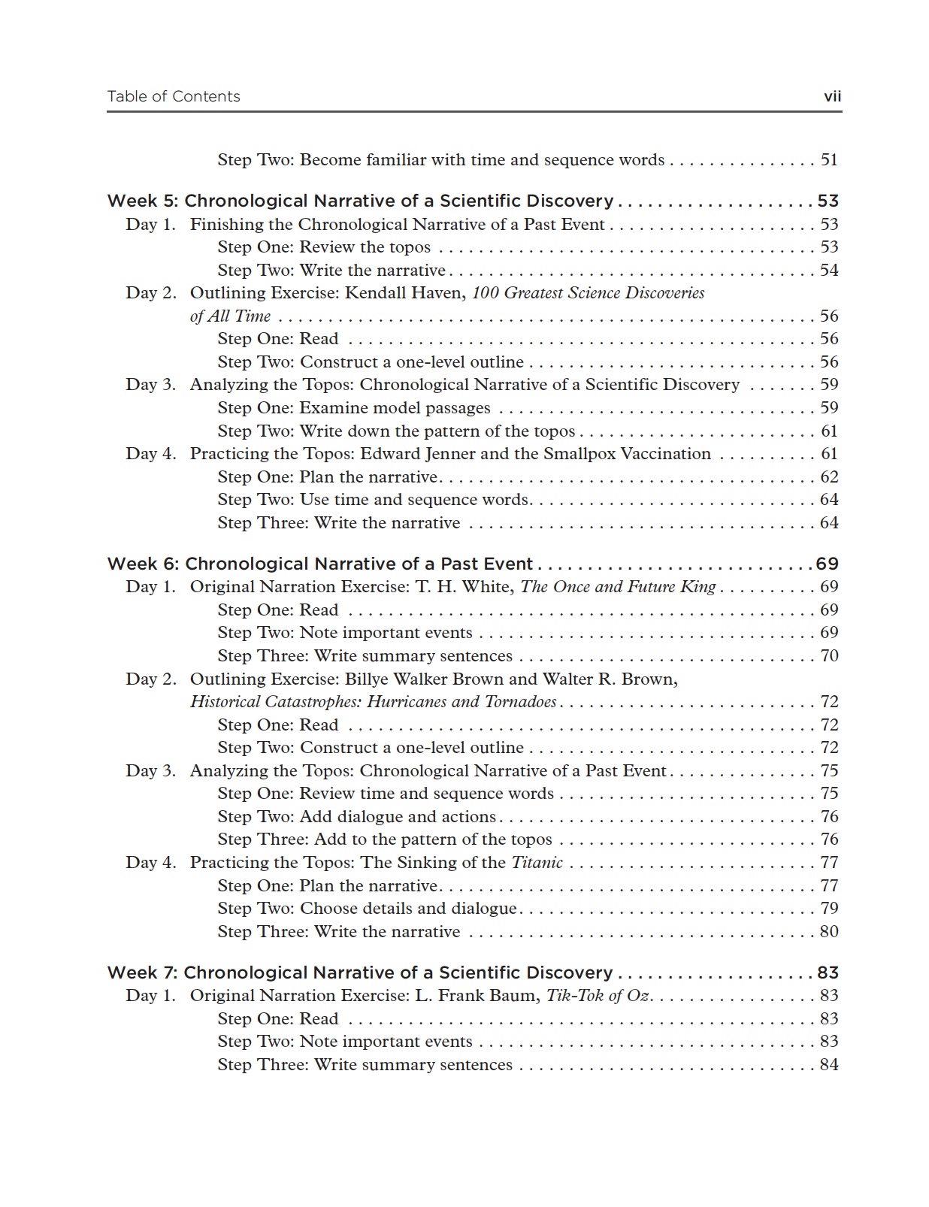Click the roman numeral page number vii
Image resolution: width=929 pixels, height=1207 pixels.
coord(832,96)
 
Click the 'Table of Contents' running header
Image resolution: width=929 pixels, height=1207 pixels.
coord(174,96)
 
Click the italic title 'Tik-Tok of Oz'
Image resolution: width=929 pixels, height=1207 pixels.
coord(598,995)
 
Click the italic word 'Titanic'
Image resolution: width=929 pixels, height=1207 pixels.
coord(537,862)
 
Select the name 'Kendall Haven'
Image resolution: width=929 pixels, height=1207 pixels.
coord(404,292)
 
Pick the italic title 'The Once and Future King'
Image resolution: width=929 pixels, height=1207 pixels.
coord(618,586)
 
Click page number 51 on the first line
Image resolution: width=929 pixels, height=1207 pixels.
coord(829,159)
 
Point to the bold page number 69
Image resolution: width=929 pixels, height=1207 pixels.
coord(828,564)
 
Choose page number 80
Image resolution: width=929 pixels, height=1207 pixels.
coord(829,931)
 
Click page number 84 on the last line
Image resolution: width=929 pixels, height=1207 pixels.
coord(829,1064)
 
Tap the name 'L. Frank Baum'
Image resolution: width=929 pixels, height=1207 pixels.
coord(477,995)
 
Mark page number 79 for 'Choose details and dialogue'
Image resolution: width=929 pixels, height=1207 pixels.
coord(829,908)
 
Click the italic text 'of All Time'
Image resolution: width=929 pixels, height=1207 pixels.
coord(230,316)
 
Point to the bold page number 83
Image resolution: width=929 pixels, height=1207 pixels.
coord(828,973)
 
